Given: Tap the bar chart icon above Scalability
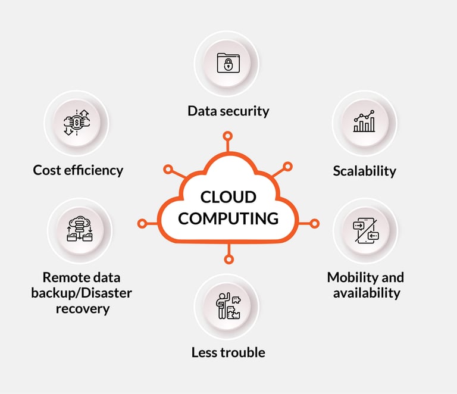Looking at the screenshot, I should (x=364, y=122).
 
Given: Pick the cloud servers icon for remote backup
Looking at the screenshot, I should (x=79, y=230).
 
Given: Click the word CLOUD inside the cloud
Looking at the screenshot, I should (x=228, y=197).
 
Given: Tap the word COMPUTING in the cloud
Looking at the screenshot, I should (x=228, y=218).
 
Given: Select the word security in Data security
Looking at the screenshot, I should (x=244, y=111).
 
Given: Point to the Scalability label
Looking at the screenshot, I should (x=364, y=171).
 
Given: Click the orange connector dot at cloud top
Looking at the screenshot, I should (x=227, y=136).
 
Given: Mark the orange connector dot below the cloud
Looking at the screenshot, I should (x=227, y=259).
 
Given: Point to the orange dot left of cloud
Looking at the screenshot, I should (x=142, y=224).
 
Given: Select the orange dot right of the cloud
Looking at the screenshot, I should (x=314, y=224).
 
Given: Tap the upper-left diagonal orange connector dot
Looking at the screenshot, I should (x=168, y=170).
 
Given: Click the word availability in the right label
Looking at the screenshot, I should (x=367, y=293).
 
